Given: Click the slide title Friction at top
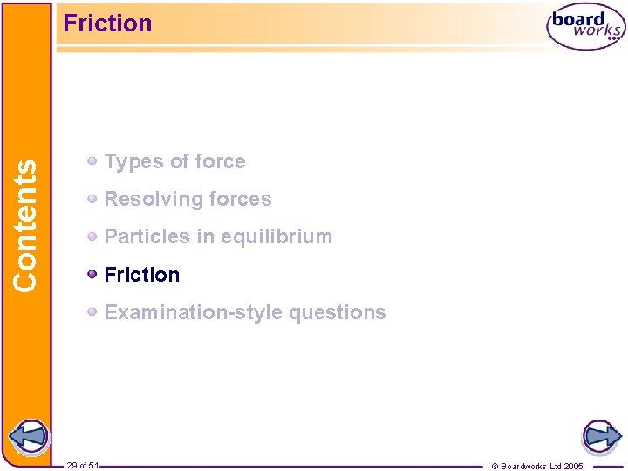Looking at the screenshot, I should [107, 24].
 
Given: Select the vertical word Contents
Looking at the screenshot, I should [26, 225].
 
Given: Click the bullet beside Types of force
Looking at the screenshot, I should [92, 161].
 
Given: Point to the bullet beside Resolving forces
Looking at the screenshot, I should [92, 199].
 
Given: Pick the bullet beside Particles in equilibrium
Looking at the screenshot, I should [92, 236].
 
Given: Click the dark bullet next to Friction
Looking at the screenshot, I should [92, 275].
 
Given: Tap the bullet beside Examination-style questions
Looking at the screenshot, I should [92, 312].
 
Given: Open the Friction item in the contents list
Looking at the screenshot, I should [141, 275].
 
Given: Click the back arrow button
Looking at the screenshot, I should [27, 436].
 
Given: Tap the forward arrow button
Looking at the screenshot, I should [601, 436].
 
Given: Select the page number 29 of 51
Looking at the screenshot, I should [82, 466].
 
